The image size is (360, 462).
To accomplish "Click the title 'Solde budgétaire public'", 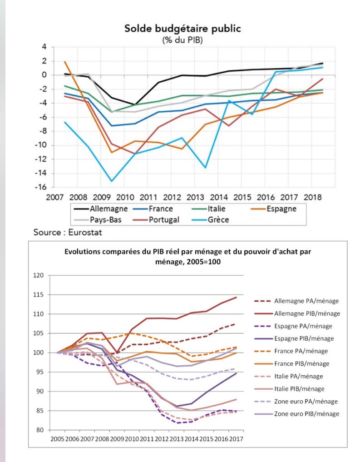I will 182,29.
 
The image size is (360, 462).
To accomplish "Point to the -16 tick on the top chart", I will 43,187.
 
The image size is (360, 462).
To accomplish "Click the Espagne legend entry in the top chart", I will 281,209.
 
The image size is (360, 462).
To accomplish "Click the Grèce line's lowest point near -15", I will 112,181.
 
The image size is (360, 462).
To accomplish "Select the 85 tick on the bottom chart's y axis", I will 39,411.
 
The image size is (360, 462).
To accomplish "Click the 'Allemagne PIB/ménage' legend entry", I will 307,313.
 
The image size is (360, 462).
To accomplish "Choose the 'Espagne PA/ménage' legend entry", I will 303,326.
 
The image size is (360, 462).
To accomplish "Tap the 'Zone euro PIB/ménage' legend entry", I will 307,414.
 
